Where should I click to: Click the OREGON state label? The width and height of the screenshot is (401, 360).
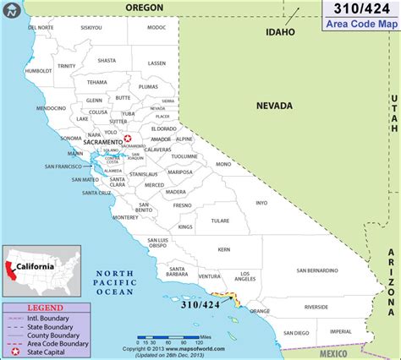pos(144,7)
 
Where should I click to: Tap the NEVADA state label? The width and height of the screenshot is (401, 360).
pos(275,106)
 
